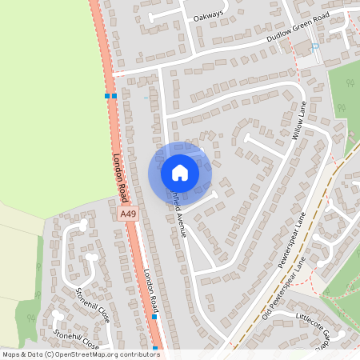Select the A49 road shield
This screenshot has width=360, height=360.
coord(126,214)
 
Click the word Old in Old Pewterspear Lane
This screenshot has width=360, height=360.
coord(268,312)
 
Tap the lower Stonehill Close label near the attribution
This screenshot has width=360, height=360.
coord(77,339)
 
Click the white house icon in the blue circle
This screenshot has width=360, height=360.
coord(180,172)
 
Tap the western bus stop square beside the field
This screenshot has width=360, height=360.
coord(107,96)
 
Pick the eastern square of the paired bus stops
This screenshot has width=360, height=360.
coord(114,96)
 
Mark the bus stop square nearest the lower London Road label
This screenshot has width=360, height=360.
coord(154,317)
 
